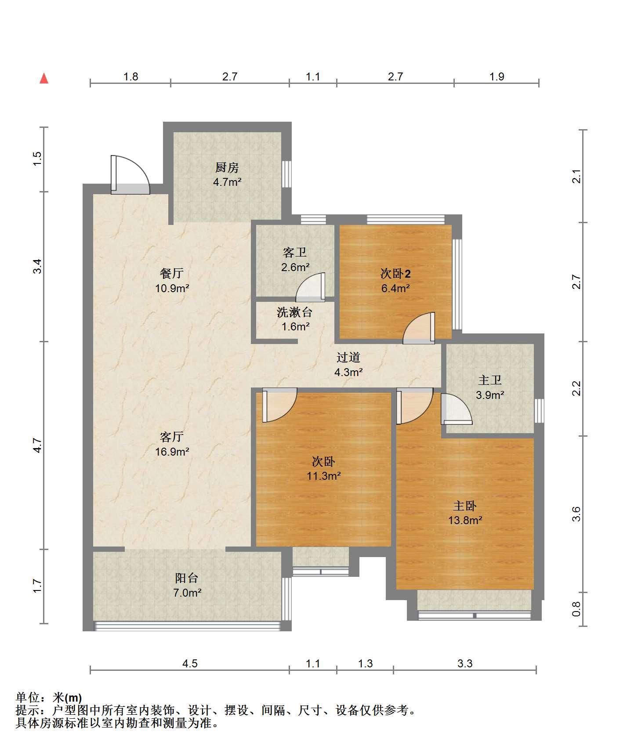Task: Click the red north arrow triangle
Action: pos(44,79)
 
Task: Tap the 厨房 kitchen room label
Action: pos(227,167)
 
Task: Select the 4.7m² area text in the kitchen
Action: pos(227,182)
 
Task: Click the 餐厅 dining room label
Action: pos(172,273)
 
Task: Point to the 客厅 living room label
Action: pos(172,437)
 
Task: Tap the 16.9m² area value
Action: pos(172,452)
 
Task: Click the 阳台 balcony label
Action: pos(187,578)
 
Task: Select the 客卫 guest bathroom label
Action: pos(295,252)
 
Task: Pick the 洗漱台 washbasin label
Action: pos(295,312)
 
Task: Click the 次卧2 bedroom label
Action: pos(395,274)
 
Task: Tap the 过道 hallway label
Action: pos(348,358)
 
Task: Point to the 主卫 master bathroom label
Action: pos(490,380)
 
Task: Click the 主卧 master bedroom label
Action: pos(465,506)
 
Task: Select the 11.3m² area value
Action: pos(324,476)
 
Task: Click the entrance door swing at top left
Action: pos(130,174)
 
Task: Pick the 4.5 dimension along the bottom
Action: pos(190,663)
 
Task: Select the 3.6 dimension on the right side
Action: pos(576,514)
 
